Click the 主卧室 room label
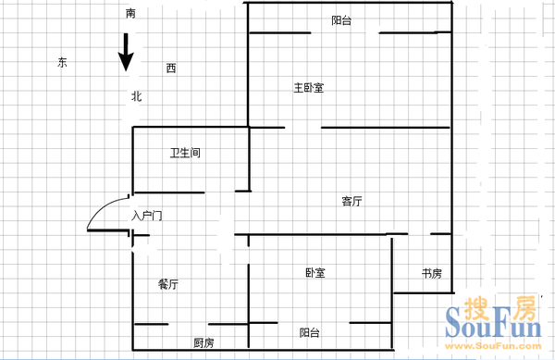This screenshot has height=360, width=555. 309,87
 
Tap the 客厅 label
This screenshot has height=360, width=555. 351,201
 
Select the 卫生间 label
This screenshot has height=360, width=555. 185,153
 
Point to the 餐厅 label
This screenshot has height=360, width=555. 168,284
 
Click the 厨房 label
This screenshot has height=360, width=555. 203,342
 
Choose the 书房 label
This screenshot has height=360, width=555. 431,273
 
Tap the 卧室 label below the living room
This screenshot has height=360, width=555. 315,273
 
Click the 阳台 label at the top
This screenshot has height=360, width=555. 341,20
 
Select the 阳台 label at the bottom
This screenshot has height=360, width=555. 310,332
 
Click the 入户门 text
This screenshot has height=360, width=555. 146,216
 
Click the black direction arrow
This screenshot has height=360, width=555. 126,53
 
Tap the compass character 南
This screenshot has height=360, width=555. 130,14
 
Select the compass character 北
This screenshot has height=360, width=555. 137,96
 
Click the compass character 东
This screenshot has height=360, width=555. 62,62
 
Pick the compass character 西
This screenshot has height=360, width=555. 171,68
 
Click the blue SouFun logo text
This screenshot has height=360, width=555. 493,322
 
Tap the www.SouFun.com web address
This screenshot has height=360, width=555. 493,346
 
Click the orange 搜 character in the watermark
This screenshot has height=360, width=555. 476,308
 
